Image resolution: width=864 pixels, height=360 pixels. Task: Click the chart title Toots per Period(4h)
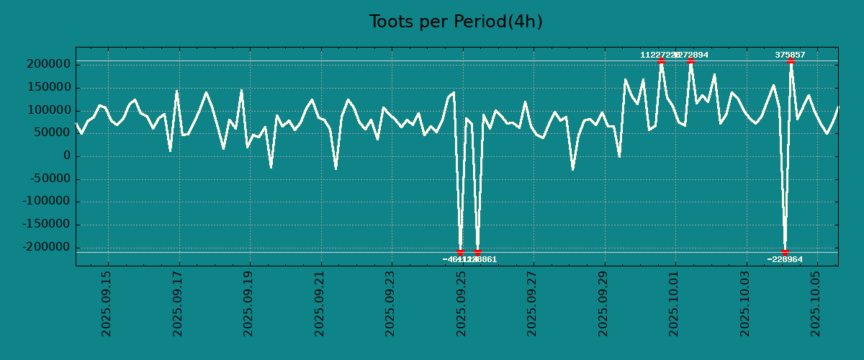click(456, 22)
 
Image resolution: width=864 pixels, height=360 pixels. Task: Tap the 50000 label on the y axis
click(53, 133)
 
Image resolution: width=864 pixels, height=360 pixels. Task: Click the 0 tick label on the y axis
click(66, 156)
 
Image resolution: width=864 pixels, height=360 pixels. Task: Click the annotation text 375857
click(790, 55)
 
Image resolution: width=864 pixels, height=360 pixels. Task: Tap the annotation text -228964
click(785, 259)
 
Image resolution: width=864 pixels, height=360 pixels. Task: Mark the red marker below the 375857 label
click(791, 61)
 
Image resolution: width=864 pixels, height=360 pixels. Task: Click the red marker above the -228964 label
click(785, 252)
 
